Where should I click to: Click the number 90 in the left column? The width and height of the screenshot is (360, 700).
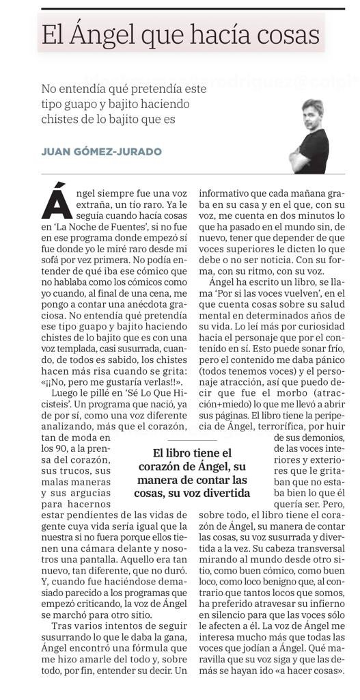(49, 448)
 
